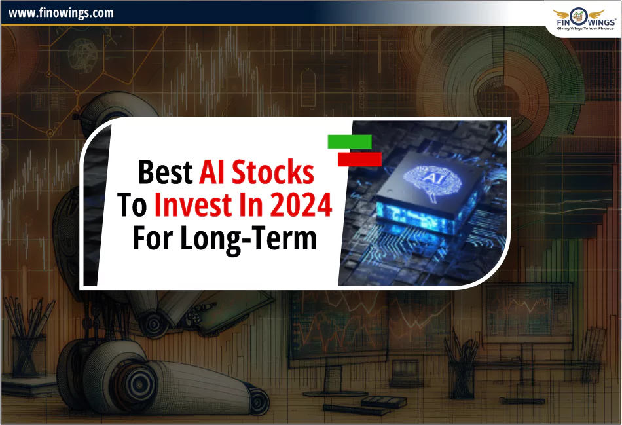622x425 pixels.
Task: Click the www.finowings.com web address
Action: (x=61, y=12)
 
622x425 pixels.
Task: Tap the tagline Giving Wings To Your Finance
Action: (x=584, y=28)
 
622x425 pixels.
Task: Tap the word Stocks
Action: (x=276, y=172)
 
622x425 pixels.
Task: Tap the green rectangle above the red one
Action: (x=350, y=141)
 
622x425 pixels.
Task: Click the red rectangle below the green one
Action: (x=359, y=159)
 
